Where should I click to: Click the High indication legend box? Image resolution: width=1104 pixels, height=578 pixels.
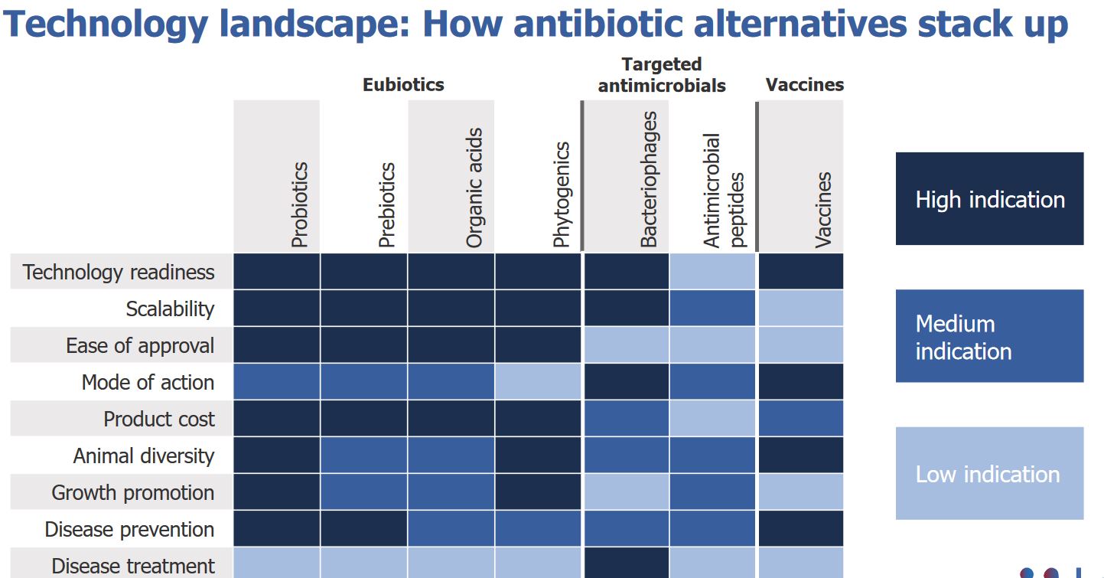(989, 199)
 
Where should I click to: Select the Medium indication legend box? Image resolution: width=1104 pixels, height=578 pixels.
(989, 336)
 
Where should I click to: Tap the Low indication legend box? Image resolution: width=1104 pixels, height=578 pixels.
(989, 473)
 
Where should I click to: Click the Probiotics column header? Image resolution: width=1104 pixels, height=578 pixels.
(299, 204)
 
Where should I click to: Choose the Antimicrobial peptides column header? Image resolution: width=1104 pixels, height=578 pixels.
(723, 191)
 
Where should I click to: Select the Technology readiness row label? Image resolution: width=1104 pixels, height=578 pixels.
(119, 272)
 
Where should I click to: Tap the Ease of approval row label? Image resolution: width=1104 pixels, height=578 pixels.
(140, 345)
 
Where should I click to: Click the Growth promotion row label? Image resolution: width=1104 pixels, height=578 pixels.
(132, 492)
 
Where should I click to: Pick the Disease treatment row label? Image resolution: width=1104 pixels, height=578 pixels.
(132, 566)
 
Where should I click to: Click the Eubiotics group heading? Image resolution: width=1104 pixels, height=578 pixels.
(403, 84)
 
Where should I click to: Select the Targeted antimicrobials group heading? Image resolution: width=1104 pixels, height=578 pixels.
(662, 75)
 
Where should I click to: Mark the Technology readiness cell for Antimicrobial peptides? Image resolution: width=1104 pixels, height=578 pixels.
(712, 272)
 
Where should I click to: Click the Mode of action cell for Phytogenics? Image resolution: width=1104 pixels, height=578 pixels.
(538, 381)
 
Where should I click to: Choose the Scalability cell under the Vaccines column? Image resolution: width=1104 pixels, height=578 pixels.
(800, 308)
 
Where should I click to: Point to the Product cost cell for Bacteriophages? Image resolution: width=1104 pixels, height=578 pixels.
(626, 418)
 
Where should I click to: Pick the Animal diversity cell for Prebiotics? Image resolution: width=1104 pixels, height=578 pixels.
(363, 455)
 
